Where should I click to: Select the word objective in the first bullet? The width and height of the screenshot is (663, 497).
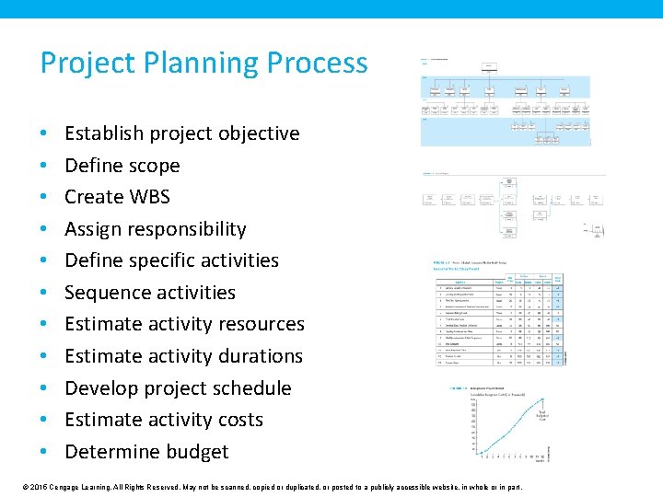click(x=254, y=133)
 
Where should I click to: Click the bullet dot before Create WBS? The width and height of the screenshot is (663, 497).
click(x=45, y=197)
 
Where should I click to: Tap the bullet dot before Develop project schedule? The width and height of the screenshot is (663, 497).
click(x=45, y=388)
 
